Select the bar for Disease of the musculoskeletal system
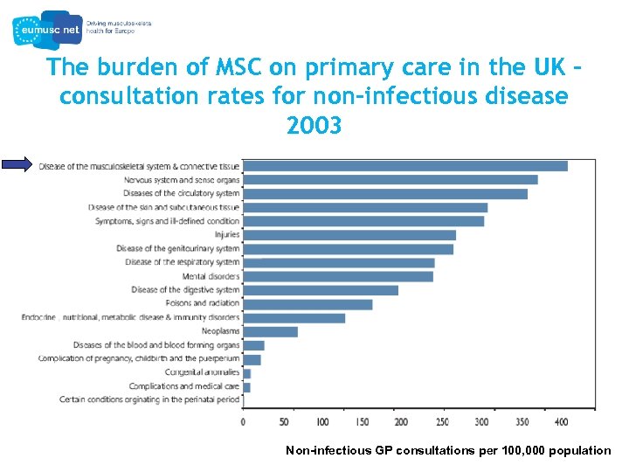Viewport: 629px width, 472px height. pos(404,166)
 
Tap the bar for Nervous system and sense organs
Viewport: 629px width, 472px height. pos(390,179)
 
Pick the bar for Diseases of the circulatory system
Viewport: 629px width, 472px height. pos(384,193)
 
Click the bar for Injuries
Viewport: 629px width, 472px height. pos(349,234)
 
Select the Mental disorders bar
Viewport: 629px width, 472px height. pos(337,276)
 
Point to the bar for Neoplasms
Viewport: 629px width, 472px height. pos(270,331)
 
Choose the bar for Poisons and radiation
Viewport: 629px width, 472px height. pos(308,304)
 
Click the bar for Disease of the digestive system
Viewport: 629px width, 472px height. pos(320,290)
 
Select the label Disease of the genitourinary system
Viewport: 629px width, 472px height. pos(177,248)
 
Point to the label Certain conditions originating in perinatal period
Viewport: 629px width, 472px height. pos(149,399)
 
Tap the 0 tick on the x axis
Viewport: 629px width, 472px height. pos(243,422)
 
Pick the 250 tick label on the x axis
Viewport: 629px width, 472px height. pos(441,422)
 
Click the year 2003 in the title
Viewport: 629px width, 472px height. pos(314,126)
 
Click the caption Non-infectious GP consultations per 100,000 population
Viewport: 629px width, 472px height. pos(448,451)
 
